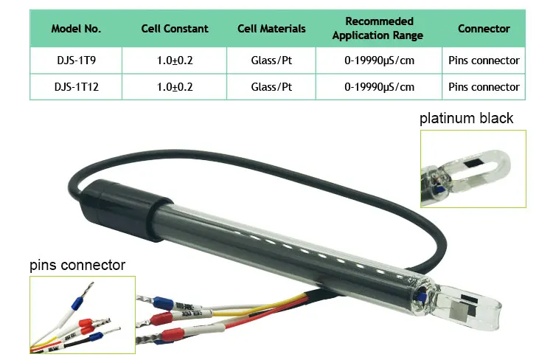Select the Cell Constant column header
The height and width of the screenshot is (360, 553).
coord(175,29)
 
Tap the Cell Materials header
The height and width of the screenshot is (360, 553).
coord(271,29)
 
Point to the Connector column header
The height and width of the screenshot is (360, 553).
coord(484,29)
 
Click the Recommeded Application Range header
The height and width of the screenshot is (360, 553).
coord(379,28)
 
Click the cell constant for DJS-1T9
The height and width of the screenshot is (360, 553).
coord(175,60)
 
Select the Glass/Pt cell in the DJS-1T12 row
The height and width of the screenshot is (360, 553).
coord(271,86)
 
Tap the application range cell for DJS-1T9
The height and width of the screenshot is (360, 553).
coord(379,60)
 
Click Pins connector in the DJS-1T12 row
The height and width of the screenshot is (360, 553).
coord(484,86)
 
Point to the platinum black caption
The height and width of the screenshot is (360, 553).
coord(466,118)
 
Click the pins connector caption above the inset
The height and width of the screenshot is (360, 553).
coord(77,265)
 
